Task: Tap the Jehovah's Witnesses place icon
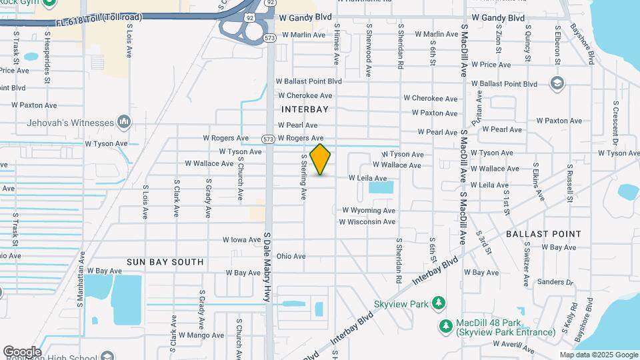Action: point(123,122)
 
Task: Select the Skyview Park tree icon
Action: point(439,303)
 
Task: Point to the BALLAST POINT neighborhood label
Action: point(543,234)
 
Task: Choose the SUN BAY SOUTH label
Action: point(165,262)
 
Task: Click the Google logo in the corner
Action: point(22,352)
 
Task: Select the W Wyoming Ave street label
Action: point(369,210)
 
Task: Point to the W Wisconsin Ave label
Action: point(368,221)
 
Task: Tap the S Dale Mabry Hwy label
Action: point(267,267)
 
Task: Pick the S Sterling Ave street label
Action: point(303,177)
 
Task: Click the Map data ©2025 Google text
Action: point(599,355)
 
